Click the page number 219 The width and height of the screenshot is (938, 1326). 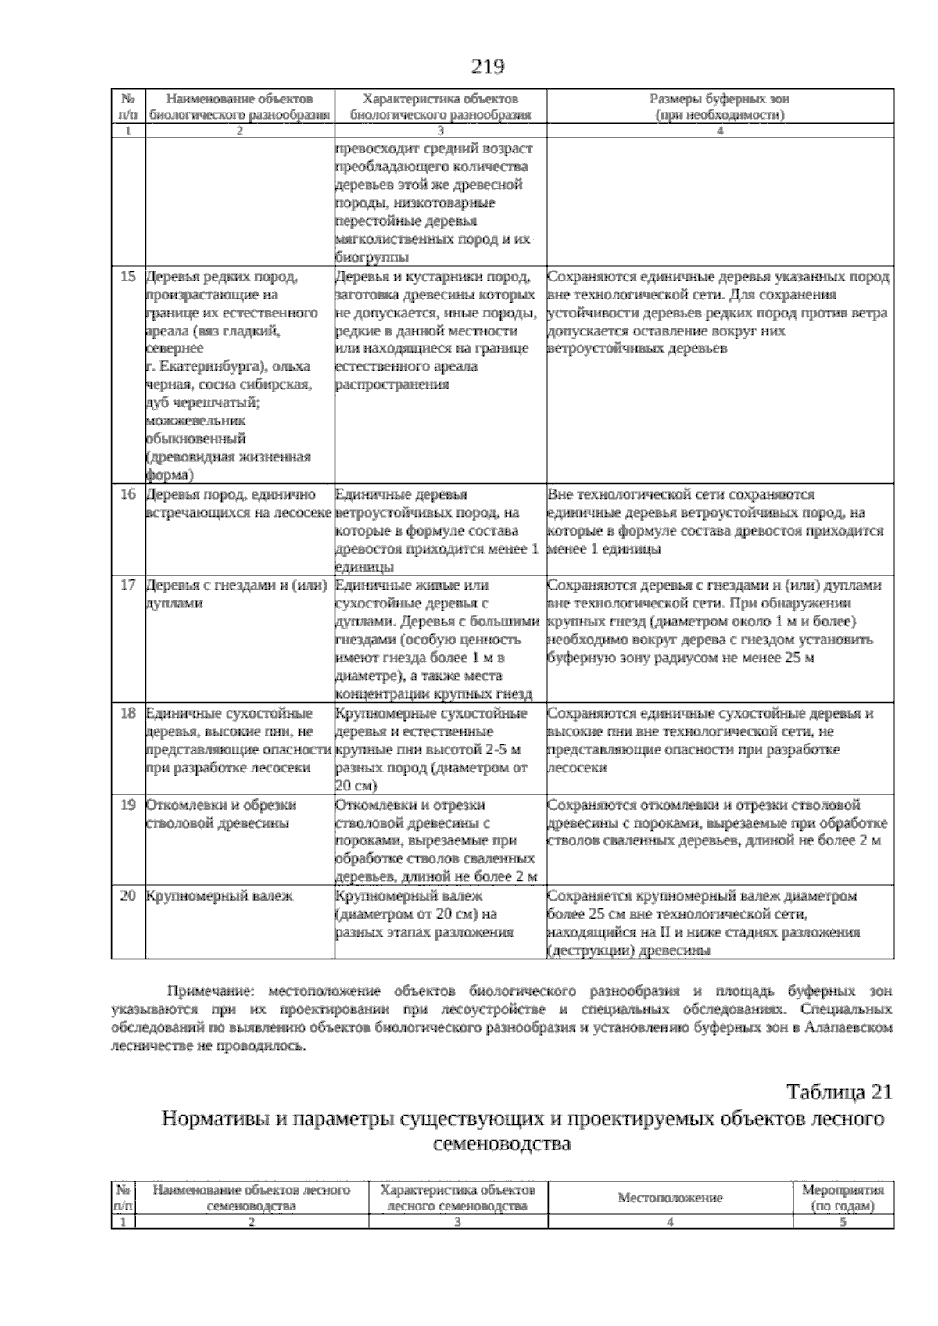(487, 67)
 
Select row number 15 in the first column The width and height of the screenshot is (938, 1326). (128, 277)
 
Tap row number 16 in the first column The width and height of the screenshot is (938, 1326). (128, 495)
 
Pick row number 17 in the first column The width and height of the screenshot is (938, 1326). (128, 586)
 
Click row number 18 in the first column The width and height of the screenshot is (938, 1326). (128, 714)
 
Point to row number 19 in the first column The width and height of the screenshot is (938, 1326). (128, 805)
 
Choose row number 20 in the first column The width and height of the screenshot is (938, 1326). (128, 896)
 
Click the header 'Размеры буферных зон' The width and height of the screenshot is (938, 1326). (720, 99)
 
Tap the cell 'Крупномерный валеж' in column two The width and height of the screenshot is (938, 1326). (220, 896)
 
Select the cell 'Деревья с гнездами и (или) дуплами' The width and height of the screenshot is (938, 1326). (234, 594)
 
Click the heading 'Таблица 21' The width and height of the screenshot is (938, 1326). (839, 1091)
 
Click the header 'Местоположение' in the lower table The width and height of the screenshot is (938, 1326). (670, 1198)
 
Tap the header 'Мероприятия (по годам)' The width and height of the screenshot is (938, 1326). (843, 1198)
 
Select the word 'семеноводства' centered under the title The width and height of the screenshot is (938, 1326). (501, 1145)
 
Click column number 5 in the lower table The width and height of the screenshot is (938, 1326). (843, 1223)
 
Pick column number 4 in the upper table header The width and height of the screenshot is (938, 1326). (720, 131)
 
